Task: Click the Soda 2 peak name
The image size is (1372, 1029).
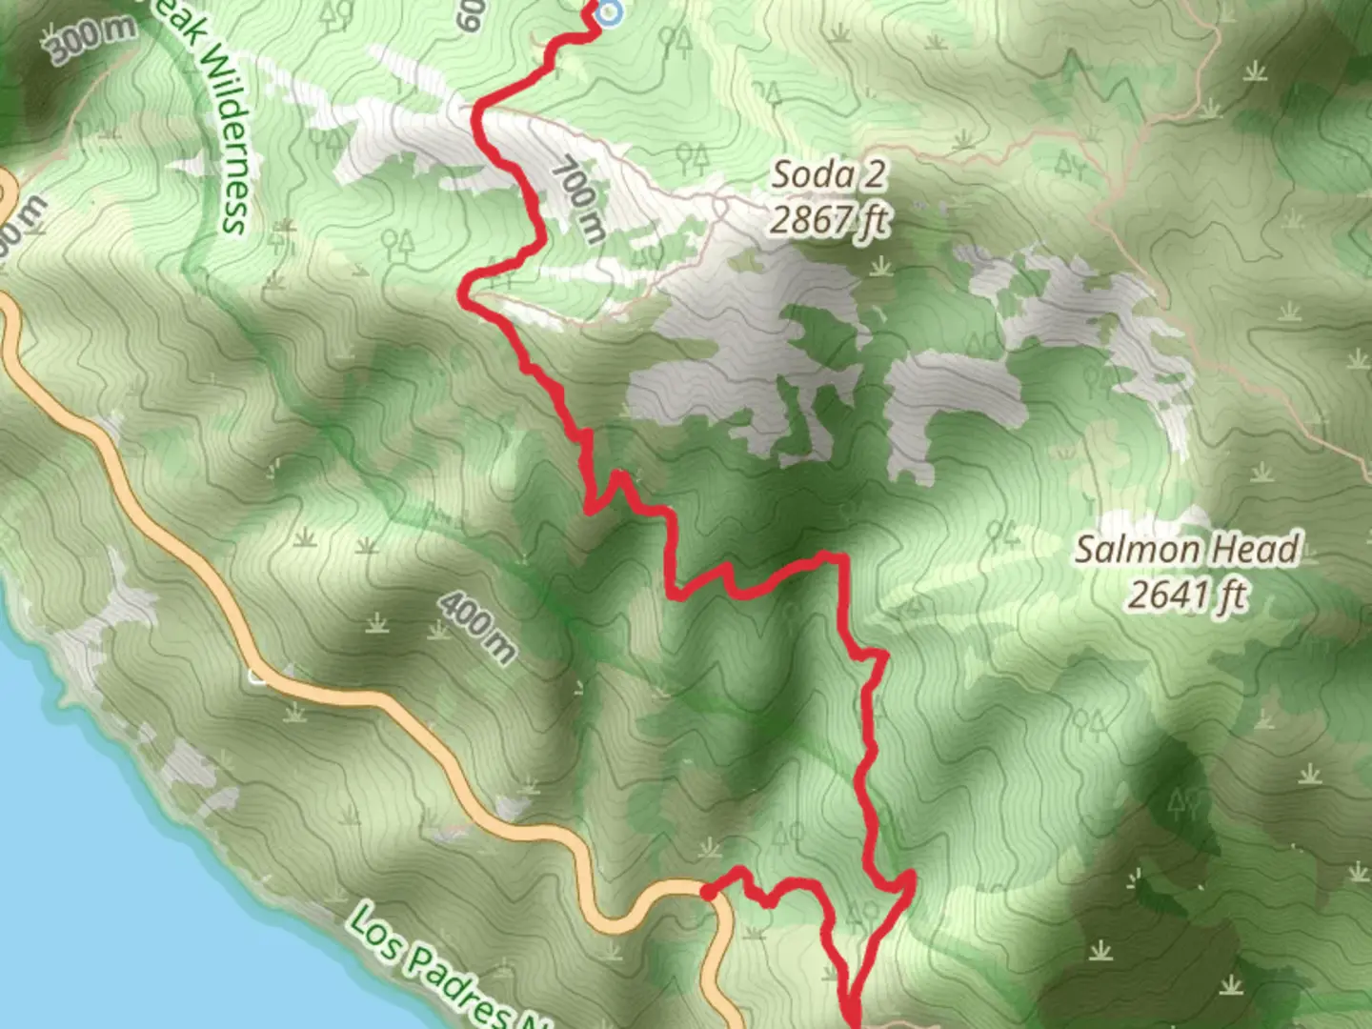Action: (828, 174)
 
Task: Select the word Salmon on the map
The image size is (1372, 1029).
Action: (1138, 550)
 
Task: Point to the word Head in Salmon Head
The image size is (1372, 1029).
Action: (1256, 550)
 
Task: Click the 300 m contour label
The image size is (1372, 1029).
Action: (91, 40)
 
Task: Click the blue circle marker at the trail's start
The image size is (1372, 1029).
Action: (609, 12)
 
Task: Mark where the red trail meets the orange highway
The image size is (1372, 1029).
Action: (707, 892)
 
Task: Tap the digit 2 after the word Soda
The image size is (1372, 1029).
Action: (868, 174)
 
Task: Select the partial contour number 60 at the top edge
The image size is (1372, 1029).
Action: (471, 15)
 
